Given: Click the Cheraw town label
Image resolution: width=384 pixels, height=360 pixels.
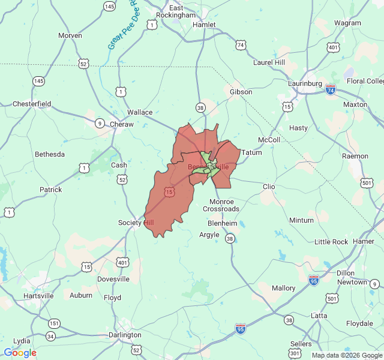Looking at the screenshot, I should (121, 124).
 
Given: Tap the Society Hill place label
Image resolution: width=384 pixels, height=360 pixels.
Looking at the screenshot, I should (136, 223).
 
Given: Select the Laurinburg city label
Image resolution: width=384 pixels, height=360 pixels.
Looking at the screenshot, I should (305, 83).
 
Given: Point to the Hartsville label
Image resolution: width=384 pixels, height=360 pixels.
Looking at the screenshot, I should (38, 296).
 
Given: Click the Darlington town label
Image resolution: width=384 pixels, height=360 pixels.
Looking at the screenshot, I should (125, 334).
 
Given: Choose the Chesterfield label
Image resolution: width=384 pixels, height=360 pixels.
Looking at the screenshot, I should (32, 104).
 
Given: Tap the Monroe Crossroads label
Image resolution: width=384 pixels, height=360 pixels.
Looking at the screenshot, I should (221, 205).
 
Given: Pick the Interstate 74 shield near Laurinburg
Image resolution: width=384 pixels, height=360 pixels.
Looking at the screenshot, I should (331, 89).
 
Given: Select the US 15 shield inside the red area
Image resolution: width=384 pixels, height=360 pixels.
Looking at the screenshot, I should (170, 192).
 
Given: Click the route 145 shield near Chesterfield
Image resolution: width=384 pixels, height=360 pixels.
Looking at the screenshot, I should (38, 81).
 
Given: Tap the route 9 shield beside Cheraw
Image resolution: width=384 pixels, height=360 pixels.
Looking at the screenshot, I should (99, 123).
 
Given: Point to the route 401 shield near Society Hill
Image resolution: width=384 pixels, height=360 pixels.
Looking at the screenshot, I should (123, 262).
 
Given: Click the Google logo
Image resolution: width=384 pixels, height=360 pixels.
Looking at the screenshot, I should (20, 353).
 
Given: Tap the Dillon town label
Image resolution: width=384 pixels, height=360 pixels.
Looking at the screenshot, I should (346, 272).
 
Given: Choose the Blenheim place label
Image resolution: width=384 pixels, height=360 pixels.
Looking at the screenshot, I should (223, 223).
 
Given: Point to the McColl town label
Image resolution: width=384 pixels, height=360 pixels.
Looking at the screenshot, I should (269, 140).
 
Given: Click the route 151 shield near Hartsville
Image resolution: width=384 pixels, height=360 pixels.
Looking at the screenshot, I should (55, 323).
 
